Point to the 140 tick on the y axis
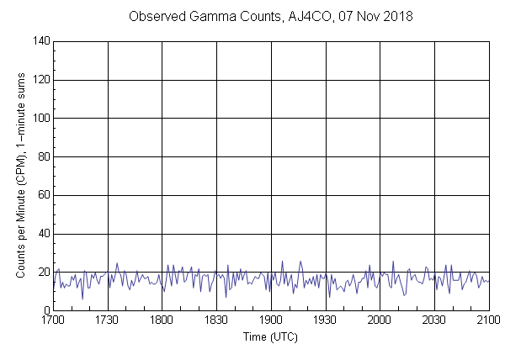click(x=42, y=41)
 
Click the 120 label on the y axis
click(x=42, y=80)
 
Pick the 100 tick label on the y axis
click(x=42, y=119)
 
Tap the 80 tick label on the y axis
click(x=45, y=157)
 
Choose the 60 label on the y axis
click(x=45, y=196)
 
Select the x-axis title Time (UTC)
click(x=270, y=337)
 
